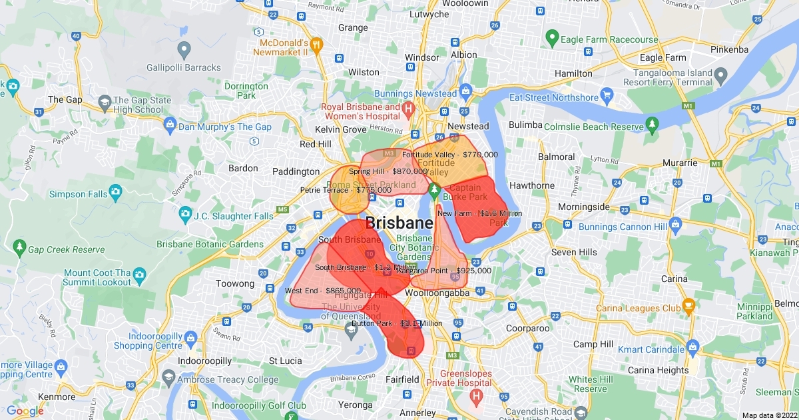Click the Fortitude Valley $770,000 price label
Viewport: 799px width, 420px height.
click(x=449, y=155)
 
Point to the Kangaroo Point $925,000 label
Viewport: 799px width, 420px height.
click(x=444, y=271)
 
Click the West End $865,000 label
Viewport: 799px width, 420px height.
click(x=323, y=291)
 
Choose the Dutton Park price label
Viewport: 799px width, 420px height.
click(x=397, y=324)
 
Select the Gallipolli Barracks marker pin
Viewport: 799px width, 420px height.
click(x=184, y=48)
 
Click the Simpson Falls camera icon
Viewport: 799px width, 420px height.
click(x=115, y=193)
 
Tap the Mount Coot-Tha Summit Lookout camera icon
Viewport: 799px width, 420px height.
click(x=139, y=274)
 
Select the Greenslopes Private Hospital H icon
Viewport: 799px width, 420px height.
click(x=476, y=395)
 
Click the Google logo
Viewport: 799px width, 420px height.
click(x=25, y=411)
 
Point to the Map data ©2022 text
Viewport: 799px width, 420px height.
click(x=769, y=415)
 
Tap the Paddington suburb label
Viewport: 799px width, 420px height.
click(x=296, y=171)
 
